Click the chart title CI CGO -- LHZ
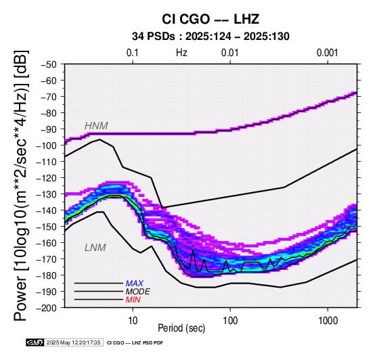coord(211,19)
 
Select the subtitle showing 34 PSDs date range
coord(211,37)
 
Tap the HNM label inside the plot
coord(96,126)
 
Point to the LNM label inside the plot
coord(95,248)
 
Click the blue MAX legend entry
coord(134,284)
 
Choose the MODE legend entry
coord(138,292)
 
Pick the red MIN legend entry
coord(133,300)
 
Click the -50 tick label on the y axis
coord(49,64)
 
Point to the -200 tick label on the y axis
coord(47,308)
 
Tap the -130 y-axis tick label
coord(47,194)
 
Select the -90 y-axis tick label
coord(49,129)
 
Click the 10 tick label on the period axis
coord(133,321)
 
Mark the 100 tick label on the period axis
coord(231,321)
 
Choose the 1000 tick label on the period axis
coord(328,321)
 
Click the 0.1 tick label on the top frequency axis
coord(133,53)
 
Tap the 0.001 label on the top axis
coord(327,53)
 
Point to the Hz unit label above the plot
coord(181,53)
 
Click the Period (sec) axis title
coord(181,328)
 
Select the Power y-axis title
coord(21,185)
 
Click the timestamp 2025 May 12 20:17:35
coord(73,342)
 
